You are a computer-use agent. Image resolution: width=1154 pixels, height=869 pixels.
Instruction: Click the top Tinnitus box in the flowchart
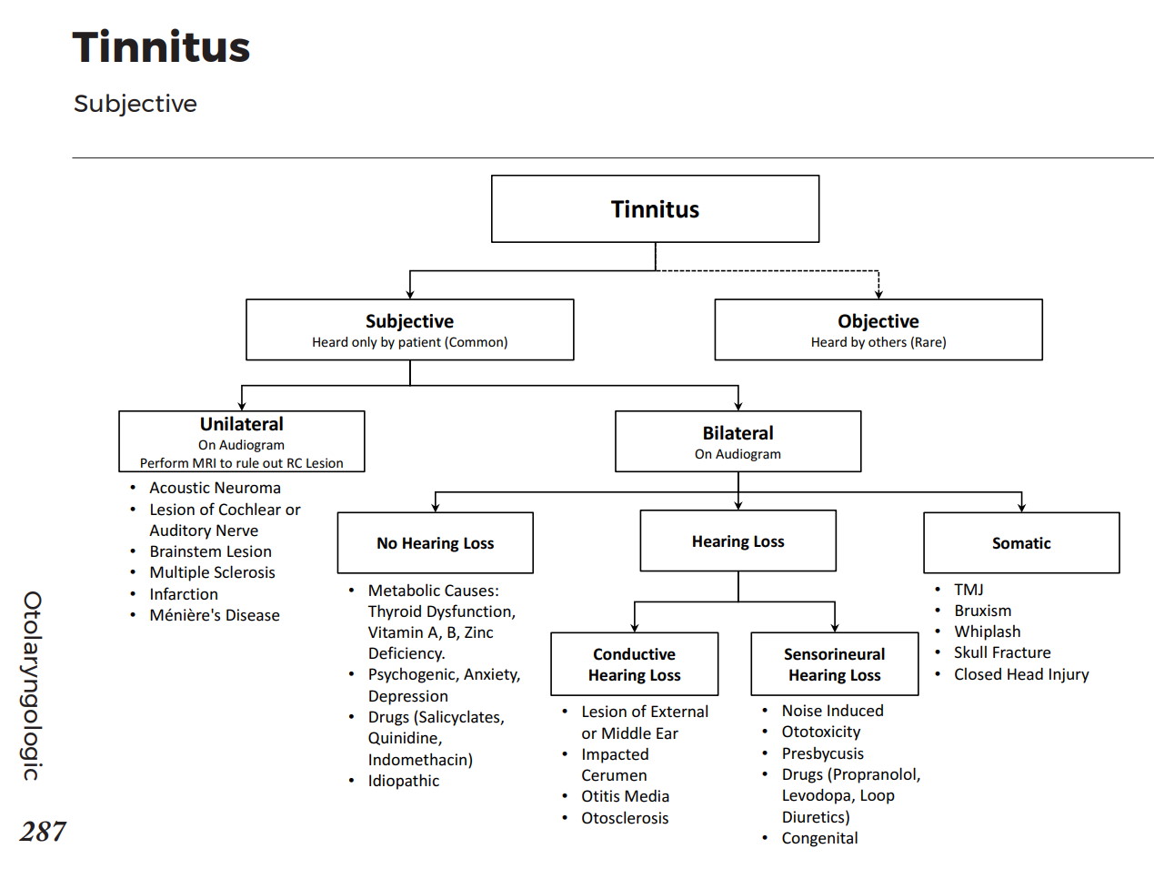coord(655,209)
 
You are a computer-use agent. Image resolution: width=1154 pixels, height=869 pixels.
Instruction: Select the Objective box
coord(878,329)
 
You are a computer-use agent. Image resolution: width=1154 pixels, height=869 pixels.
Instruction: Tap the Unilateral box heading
coord(242,424)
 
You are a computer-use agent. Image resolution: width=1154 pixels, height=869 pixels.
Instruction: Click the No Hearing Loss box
coord(435,543)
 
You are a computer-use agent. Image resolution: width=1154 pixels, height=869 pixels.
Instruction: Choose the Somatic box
coord(1021,543)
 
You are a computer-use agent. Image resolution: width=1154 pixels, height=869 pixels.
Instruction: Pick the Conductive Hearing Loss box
coord(634,664)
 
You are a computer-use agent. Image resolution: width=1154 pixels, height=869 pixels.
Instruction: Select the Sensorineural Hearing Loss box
coord(834,664)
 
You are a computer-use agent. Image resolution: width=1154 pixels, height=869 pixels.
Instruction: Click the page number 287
coord(43,831)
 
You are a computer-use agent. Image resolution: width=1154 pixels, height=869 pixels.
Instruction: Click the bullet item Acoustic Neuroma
coord(215,488)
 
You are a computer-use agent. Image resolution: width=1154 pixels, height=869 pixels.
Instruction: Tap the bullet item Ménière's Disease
coord(215,615)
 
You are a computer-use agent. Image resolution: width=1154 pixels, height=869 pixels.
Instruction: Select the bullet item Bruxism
coord(982,611)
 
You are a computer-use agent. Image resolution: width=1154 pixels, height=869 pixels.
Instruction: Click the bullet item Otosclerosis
coord(625,818)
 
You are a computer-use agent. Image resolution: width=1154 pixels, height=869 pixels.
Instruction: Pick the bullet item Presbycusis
coord(822,753)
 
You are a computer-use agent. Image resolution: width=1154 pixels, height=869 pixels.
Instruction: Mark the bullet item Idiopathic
coord(403,781)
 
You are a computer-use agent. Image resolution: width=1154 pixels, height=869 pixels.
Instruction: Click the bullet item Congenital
coord(819,838)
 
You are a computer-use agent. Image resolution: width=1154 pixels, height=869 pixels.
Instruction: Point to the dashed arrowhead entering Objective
coord(878,293)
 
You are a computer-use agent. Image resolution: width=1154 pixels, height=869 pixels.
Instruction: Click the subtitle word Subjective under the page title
coord(135,104)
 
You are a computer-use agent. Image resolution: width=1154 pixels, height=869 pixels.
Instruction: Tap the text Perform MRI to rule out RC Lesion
coord(242,463)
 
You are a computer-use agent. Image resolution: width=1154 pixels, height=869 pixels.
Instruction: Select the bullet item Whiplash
coord(987,632)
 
